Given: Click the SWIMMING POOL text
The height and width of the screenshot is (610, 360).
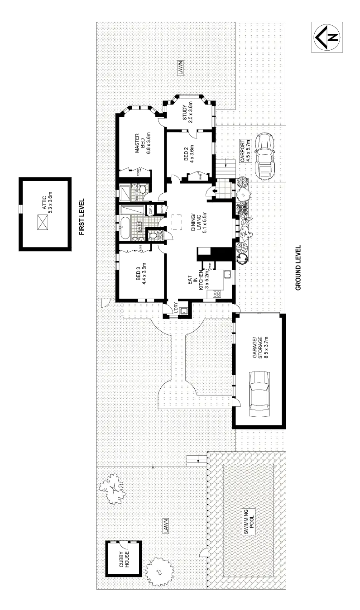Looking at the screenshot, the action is tap(249, 521).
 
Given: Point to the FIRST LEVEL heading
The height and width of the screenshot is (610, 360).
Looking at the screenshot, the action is tap(82, 215).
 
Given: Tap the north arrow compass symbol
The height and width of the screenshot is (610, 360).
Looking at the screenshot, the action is tap(327, 38).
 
